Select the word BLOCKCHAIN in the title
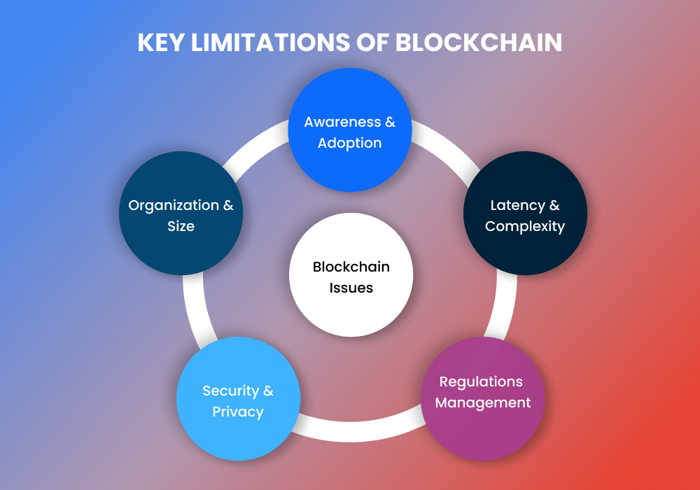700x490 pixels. [x=479, y=42]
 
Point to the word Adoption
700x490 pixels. [x=350, y=143]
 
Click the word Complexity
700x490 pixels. [x=525, y=226]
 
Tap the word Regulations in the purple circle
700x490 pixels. [x=481, y=381]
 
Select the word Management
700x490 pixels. [x=483, y=402]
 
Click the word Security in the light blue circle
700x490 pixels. [x=229, y=391]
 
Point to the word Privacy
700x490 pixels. [x=238, y=412]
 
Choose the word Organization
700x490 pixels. [x=173, y=205]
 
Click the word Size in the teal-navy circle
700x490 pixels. [x=181, y=226]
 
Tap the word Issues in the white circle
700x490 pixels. [x=351, y=288]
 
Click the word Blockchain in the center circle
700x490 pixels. [x=351, y=267]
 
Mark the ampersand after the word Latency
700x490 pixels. [x=554, y=205]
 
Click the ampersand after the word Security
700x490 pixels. [x=267, y=391]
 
